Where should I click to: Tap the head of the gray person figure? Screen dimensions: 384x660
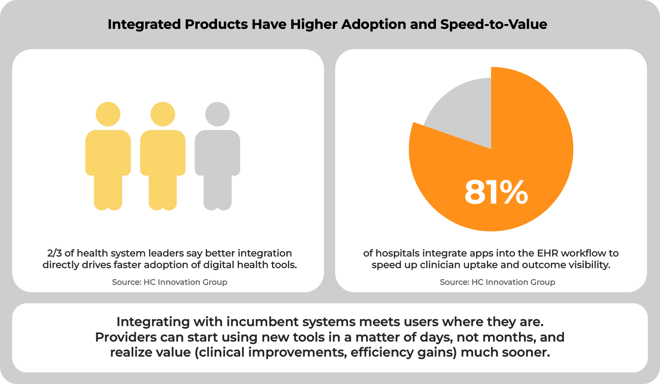(217, 114)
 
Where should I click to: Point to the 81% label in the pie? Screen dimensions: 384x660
(496, 192)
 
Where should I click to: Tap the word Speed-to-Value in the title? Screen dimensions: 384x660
(494, 24)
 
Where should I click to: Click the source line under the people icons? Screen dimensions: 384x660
(170, 282)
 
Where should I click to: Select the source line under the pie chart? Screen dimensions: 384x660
(497, 282)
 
